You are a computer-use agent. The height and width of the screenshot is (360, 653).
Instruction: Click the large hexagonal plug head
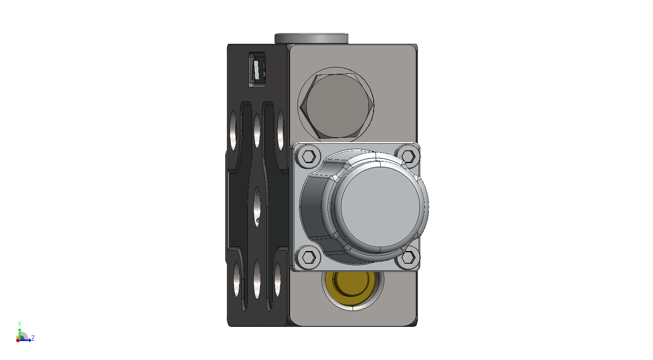[337, 106]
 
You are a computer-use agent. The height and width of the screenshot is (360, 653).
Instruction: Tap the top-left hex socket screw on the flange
[309, 156]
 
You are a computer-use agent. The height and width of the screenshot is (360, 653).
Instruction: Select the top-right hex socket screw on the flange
[408, 156]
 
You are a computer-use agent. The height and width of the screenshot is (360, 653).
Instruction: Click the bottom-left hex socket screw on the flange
[309, 257]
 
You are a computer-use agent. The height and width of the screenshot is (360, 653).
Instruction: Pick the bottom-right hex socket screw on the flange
[408, 258]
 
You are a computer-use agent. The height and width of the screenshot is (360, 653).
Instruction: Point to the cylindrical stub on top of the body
[311, 39]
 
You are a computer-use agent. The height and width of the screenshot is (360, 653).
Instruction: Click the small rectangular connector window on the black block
[257, 70]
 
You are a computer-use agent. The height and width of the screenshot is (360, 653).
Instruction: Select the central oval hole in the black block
[257, 207]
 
